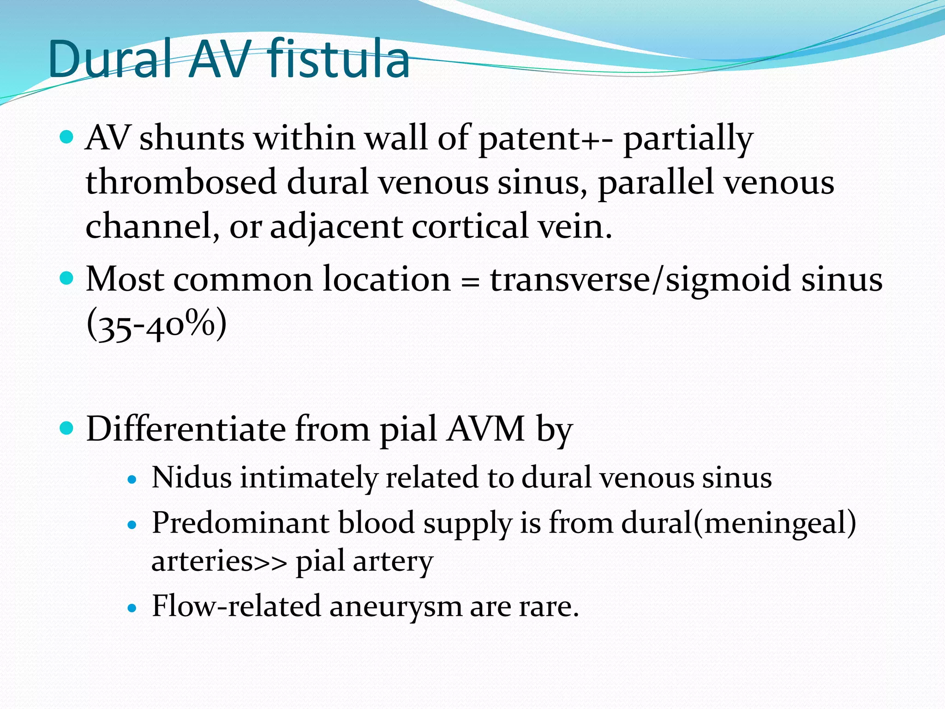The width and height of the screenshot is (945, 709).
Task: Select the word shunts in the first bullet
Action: [x=191, y=138]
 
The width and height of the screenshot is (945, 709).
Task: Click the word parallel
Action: [x=656, y=182]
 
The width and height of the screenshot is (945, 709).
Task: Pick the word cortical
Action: [x=470, y=226]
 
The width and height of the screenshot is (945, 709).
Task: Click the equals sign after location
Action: [x=470, y=281]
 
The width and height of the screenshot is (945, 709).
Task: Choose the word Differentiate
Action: [x=186, y=429]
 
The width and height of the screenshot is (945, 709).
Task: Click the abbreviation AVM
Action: [x=486, y=429]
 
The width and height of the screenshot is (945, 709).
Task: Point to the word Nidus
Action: [x=191, y=477]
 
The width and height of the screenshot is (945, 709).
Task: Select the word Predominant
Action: [x=240, y=523]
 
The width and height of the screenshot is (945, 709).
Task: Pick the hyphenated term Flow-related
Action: [x=236, y=606]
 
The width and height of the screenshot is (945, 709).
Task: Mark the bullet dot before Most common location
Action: [x=67, y=278]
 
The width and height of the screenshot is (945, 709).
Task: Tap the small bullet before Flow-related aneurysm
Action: [x=132, y=608]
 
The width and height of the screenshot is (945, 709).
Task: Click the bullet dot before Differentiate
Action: [x=67, y=428]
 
